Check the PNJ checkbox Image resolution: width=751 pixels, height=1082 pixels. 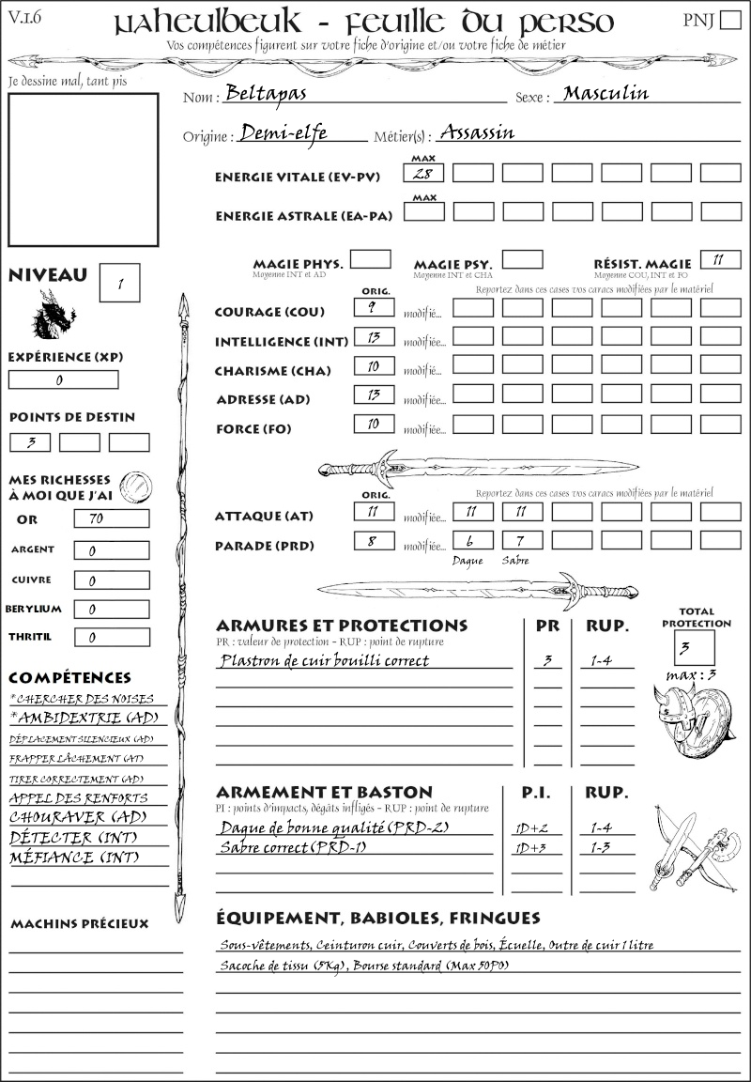728,22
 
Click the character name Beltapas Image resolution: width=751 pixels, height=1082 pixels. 267,95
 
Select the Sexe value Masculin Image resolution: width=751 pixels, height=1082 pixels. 606,93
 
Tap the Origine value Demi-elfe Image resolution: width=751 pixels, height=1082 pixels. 284,133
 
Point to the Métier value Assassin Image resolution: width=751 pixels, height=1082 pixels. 477,132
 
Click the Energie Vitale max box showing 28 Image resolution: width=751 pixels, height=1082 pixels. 423,173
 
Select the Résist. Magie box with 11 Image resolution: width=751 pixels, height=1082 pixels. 719,259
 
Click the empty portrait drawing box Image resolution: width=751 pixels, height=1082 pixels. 83,169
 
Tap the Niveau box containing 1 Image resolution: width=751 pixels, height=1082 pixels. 120,283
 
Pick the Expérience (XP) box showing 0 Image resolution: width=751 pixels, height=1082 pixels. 63,380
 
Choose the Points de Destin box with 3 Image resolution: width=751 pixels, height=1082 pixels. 30,442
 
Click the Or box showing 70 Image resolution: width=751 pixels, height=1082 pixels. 111,518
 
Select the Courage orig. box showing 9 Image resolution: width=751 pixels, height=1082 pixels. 374,307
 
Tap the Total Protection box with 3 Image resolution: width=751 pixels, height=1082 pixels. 694,647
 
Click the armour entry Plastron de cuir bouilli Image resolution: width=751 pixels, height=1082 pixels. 324,660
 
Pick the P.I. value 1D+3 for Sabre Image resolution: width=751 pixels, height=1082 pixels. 536,848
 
